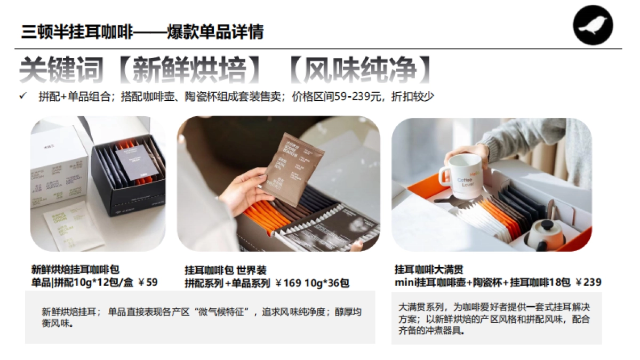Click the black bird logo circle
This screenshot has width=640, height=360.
click(x=593, y=25)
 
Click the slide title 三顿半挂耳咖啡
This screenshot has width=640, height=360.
click(x=77, y=32)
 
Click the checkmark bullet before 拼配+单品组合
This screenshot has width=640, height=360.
click(x=22, y=97)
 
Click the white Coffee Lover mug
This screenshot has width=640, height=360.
click(x=462, y=176)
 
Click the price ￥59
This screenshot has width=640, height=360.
click(x=148, y=282)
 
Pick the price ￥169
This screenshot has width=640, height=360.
click(x=288, y=283)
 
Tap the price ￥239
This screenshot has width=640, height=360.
click(x=589, y=282)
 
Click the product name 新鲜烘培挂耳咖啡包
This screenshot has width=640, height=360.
click(x=75, y=269)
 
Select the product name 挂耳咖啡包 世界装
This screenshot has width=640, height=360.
click(x=225, y=270)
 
